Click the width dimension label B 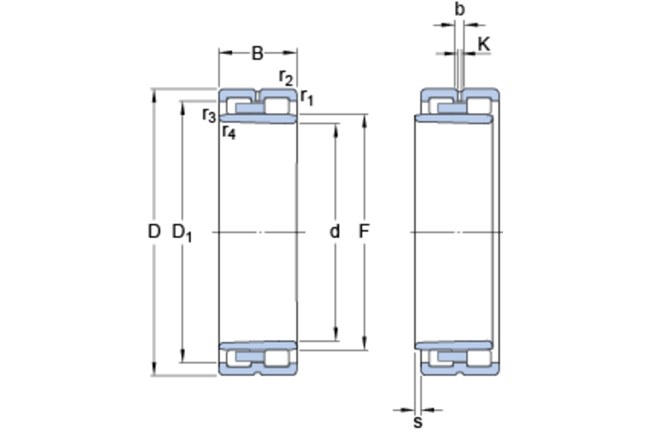257,53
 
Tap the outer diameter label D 154,232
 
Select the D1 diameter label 182,232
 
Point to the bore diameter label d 334,232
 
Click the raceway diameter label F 364,232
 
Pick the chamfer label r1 307,98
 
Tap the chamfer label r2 286,77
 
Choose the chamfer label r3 209,115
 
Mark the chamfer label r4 229,132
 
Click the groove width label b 460,9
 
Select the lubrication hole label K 484,44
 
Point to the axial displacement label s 418,422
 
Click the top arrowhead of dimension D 154,94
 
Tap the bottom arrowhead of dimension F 364,344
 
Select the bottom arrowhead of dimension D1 182,356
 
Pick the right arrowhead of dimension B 291,53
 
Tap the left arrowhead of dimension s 408,411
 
